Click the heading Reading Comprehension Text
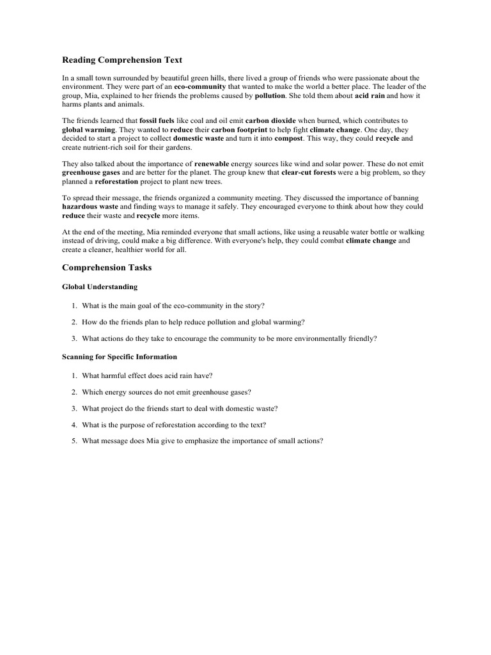(x=122, y=60)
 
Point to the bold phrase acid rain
(x=371, y=95)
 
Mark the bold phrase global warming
(x=89, y=129)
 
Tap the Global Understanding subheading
(x=99, y=287)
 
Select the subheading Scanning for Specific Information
(x=120, y=356)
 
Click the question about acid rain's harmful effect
(x=151, y=375)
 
